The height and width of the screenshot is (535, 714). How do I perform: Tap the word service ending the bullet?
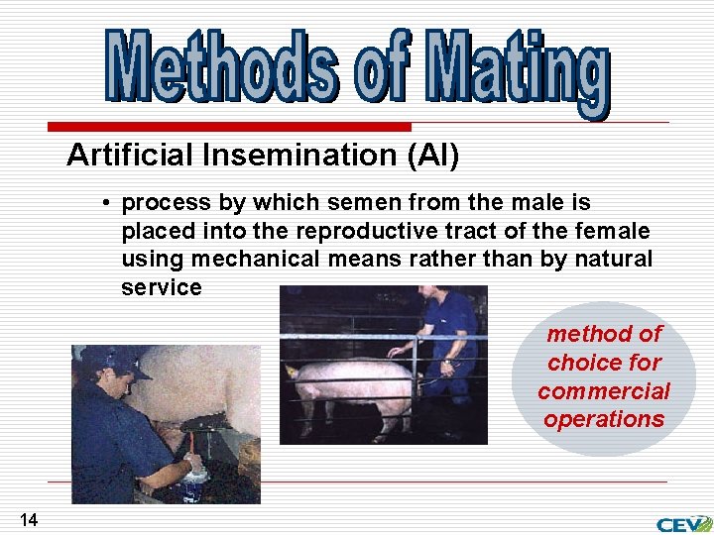161,288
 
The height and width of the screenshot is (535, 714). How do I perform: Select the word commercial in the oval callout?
603,391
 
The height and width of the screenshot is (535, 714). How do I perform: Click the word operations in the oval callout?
603,419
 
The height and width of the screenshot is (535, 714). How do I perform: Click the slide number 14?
28,519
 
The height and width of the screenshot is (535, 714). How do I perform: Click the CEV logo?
683,523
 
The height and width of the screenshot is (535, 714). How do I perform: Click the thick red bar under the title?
229,127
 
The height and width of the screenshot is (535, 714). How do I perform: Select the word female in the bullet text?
618,232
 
